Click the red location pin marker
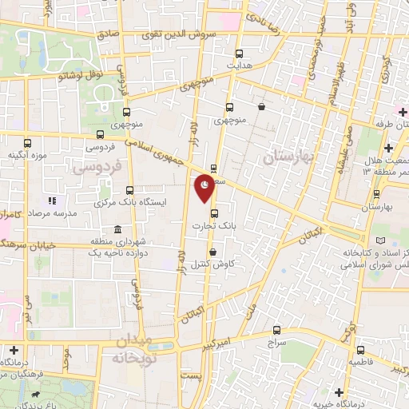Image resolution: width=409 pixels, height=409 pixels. (205, 186)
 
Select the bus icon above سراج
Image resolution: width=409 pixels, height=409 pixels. (276, 329)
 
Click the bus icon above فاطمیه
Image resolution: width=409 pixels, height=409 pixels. (360, 350)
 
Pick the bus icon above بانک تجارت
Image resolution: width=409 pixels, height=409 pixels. (213, 213)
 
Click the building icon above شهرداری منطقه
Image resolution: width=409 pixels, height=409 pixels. (117, 229)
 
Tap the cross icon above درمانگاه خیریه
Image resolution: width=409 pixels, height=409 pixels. (340, 392)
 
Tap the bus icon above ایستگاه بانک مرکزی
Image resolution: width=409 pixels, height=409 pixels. (130, 190)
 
